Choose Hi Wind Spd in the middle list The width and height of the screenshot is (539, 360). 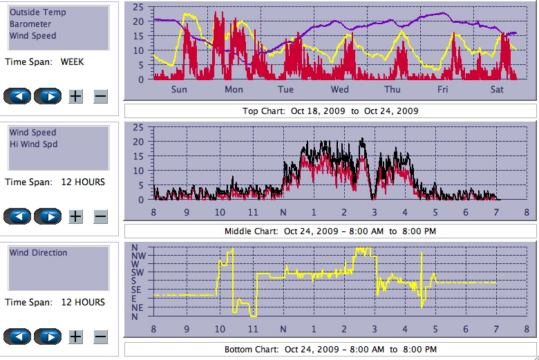tap(33, 144)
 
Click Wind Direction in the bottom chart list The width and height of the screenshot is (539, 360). tap(39, 253)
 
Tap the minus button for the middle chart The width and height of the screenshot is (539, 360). tap(100, 217)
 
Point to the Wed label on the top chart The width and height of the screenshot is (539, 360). tap(339, 89)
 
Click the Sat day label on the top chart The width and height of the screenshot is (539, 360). tap(496, 89)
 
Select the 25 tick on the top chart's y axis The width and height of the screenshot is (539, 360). tap(138, 7)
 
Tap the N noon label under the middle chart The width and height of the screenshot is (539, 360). tap(283, 212)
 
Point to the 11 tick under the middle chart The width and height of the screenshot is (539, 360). tap(253, 212)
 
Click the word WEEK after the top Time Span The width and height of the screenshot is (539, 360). tap(73, 61)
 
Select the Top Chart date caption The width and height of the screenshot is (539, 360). tap(330, 111)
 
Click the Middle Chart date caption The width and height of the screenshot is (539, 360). tap(330, 231)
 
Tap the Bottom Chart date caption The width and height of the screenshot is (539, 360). tap(330, 349)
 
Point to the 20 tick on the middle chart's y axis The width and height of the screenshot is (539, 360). tap(138, 142)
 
